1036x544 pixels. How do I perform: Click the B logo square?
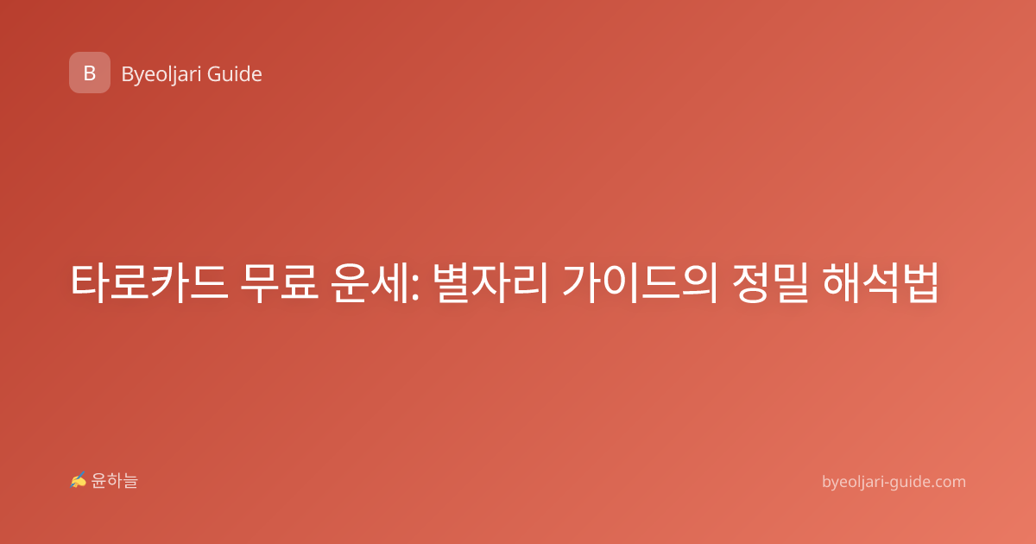click(90, 73)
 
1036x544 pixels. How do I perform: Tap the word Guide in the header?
click(235, 74)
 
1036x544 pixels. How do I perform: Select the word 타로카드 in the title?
click(149, 282)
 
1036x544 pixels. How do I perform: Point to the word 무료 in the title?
click(280, 282)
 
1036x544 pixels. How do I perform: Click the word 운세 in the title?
click(370, 282)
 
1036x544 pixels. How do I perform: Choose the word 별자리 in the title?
click(490, 282)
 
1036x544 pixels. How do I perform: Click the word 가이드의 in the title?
click(639, 282)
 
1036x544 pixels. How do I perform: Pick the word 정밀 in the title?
click(769, 282)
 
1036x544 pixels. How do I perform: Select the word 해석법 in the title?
click(880, 282)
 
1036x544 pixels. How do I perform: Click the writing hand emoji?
click(79, 480)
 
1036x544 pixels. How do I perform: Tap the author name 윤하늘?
click(114, 481)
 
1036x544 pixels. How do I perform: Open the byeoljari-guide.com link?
click(894, 482)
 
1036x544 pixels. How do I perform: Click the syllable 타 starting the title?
click(90, 282)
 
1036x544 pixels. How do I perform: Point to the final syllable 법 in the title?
click(920, 282)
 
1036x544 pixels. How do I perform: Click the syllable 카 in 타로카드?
click(169, 282)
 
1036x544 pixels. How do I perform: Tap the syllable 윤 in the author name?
click(99, 481)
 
